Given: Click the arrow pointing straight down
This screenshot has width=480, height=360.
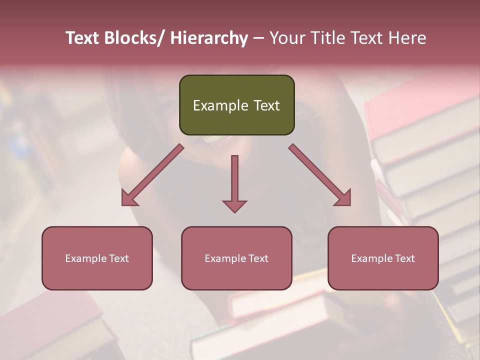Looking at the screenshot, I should [x=234, y=182].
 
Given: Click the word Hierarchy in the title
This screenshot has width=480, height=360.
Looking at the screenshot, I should [x=208, y=38].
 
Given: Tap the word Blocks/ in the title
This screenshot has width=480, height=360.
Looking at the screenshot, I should [x=134, y=38].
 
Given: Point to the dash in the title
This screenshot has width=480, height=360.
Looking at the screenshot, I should [x=258, y=38].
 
